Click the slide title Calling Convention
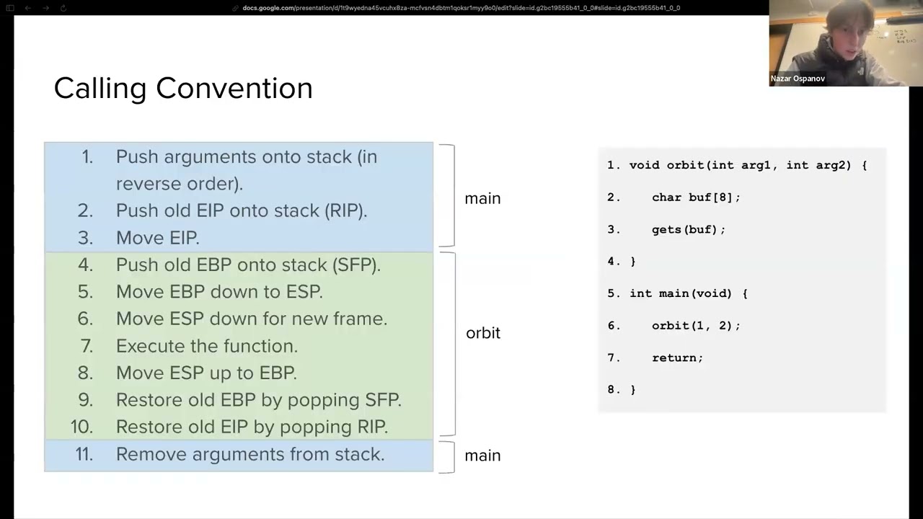[x=183, y=88]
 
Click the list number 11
[x=84, y=454]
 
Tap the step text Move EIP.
[x=157, y=237]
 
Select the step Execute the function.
[x=206, y=346]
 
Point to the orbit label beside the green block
[x=482, y=333]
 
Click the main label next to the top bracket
[x=482, y=198]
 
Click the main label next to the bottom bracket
[x=482, y=456]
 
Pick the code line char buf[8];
[x=696, y=197]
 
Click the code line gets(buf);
[x=688, y=229]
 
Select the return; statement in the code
[x=677, y=358]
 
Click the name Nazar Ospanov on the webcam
[x=798, y=79]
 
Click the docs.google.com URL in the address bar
[x=461, y=8]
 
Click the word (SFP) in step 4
[x=356, y=265]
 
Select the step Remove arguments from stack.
[x=249, y=454]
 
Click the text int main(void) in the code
[x=680, y=293]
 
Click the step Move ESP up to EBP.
[x=206, y=373]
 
